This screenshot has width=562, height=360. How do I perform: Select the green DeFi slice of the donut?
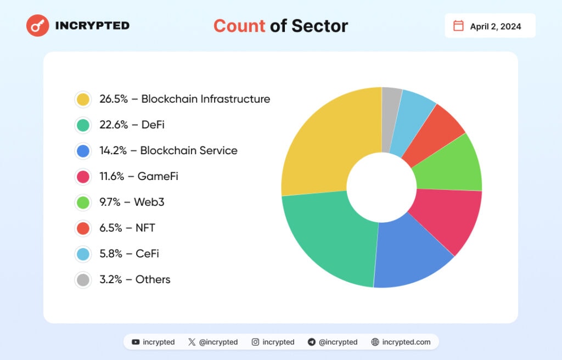coord(329,239)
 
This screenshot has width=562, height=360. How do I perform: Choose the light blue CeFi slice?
coord(414,113)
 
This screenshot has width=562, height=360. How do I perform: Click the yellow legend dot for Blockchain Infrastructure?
coord(83,99)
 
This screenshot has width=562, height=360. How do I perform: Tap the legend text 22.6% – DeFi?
coord(132,125)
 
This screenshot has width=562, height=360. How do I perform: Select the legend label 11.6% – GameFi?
coord(138,177)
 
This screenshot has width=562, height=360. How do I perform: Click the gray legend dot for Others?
coord(83,280)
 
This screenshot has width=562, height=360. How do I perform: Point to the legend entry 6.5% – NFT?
coord(127,228)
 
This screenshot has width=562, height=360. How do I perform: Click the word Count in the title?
coord(239,26)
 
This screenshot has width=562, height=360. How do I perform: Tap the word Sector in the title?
coord(319,26)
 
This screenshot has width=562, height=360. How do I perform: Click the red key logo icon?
coord(38,26)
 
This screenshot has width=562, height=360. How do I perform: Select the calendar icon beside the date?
coord(458,26)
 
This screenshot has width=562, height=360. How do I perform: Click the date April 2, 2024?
coord(495,26)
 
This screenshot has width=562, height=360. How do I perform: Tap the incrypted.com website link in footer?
coord(407,342)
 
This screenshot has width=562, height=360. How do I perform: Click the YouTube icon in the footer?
coord(136,342)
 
